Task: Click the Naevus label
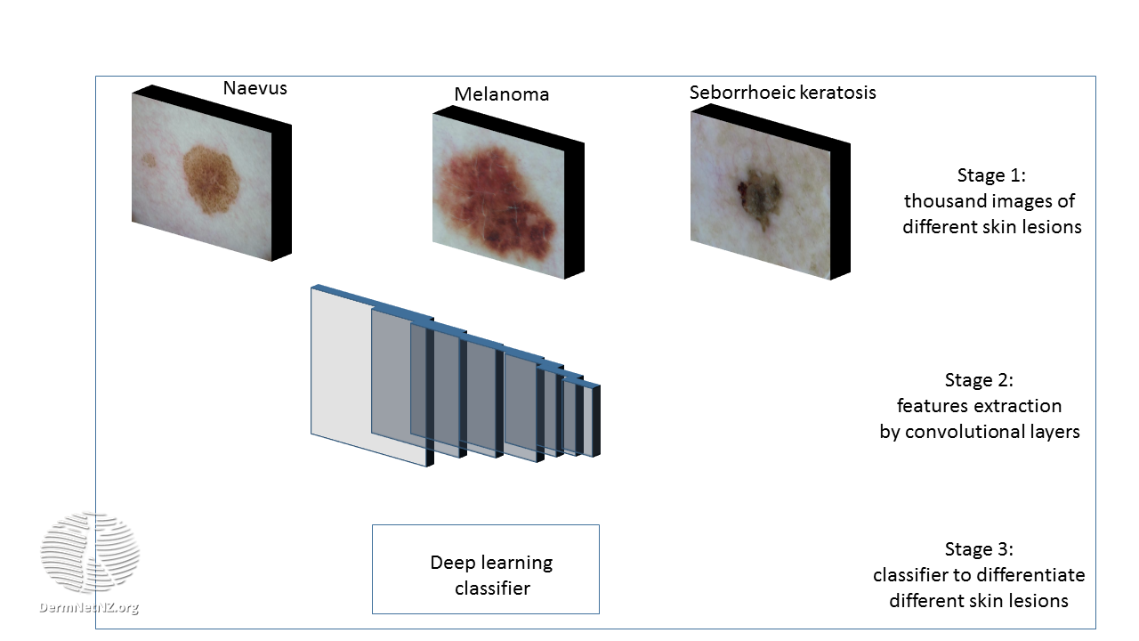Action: coord(254,88)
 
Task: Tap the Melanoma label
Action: coord(501,94)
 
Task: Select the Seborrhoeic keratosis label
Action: coord(782,93)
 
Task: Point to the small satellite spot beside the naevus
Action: coord(149,161)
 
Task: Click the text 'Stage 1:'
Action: coord(991,175)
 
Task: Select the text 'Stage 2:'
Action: coord(979,380)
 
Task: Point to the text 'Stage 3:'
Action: coord(979,549)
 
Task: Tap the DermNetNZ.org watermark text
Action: coord(89,608)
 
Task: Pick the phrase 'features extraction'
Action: coord(979,406)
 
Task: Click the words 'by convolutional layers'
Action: coord(979,432)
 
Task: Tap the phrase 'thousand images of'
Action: coord(990,201)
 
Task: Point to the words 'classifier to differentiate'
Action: coord(979,575)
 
